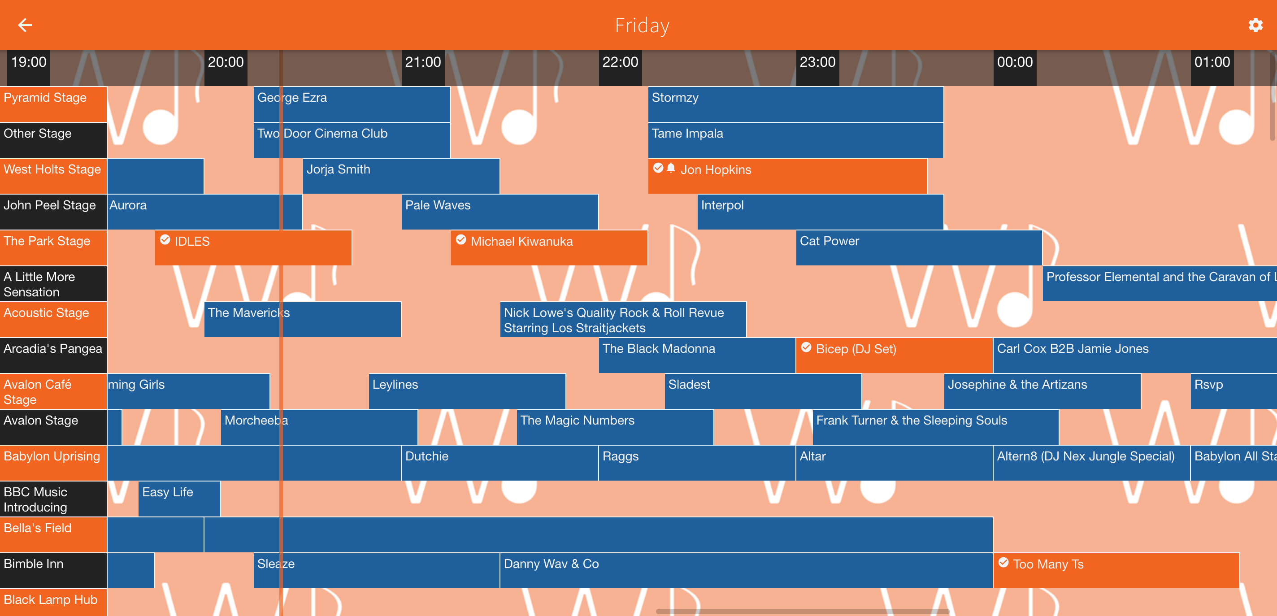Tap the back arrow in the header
(x=25, y=25)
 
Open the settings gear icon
(x=1255, y=25)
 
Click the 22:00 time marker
(x=620, y=62)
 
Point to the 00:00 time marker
(x=1014, y=62)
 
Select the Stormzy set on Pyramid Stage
(x=795, y=104)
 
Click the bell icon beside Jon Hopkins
(x=671, y=169)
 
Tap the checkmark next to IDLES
(x=165, y=240)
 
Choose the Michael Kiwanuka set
(x=549, y=248)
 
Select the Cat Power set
(x=918, y=248)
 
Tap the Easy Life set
(x=179, y=499)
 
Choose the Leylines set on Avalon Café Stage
(x=466, y=391)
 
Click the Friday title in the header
(x=642, y=25)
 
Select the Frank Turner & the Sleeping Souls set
(x=935, y=427)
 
